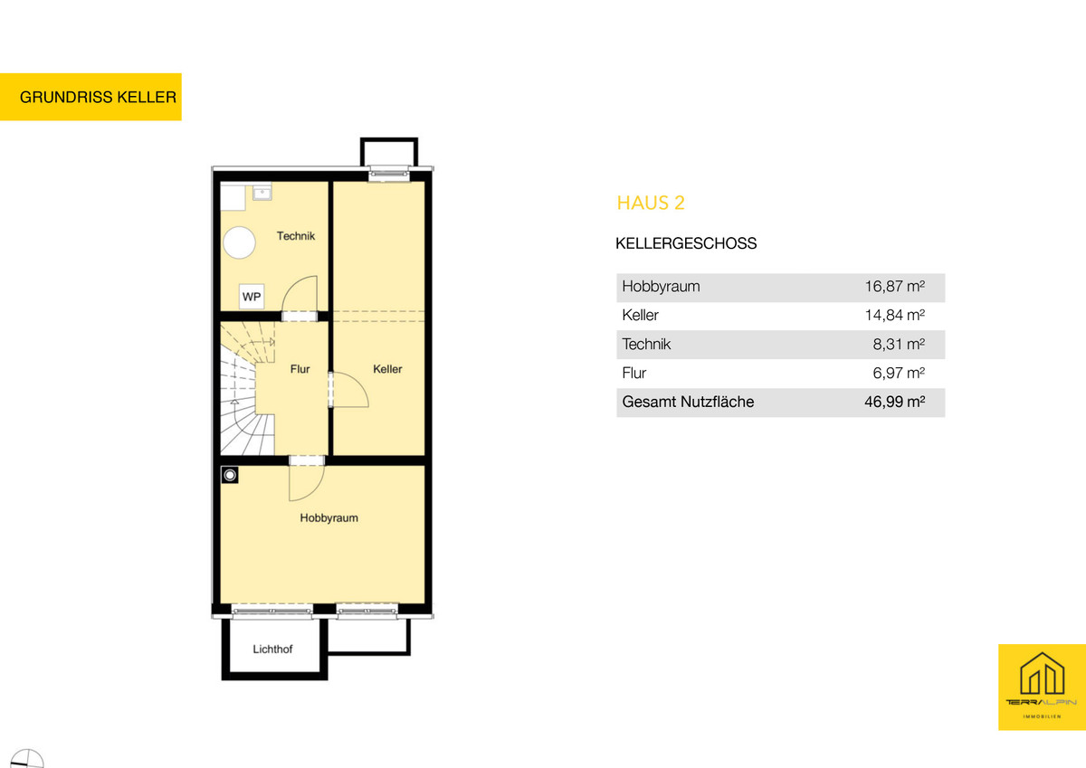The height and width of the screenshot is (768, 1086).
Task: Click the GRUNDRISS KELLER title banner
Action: [90, 97]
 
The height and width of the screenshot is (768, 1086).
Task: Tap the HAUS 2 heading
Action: [651, 203]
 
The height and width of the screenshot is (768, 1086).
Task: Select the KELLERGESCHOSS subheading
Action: [686, 243]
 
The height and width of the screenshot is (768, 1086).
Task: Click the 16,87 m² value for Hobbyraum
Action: [895, 287]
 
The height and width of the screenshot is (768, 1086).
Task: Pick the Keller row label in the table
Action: [640, 316]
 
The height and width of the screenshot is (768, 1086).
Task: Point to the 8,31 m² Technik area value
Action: [899, 344]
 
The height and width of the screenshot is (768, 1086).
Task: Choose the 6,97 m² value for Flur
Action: [899, 373]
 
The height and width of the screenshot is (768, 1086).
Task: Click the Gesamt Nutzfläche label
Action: [688, 402]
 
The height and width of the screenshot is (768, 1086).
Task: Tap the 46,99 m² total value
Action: [895, 402]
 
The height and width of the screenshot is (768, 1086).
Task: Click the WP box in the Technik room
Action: [252, 297]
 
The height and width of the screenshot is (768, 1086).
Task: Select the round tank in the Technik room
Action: [240, 242]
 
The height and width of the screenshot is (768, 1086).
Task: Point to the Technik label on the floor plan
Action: [296, 236]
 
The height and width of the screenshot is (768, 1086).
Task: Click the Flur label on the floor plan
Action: [300, 369]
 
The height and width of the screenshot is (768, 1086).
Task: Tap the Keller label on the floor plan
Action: [387, 369]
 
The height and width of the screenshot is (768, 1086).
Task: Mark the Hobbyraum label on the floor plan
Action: [329, 518]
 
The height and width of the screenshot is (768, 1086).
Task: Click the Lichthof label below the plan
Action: [272, 649]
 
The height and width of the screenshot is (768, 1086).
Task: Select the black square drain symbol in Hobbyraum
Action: [230, 475]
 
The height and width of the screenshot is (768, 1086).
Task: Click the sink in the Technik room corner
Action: [262, 193]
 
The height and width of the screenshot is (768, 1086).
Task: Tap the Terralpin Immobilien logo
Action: [1042, 687]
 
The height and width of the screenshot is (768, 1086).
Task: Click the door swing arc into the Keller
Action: [358, 383]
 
